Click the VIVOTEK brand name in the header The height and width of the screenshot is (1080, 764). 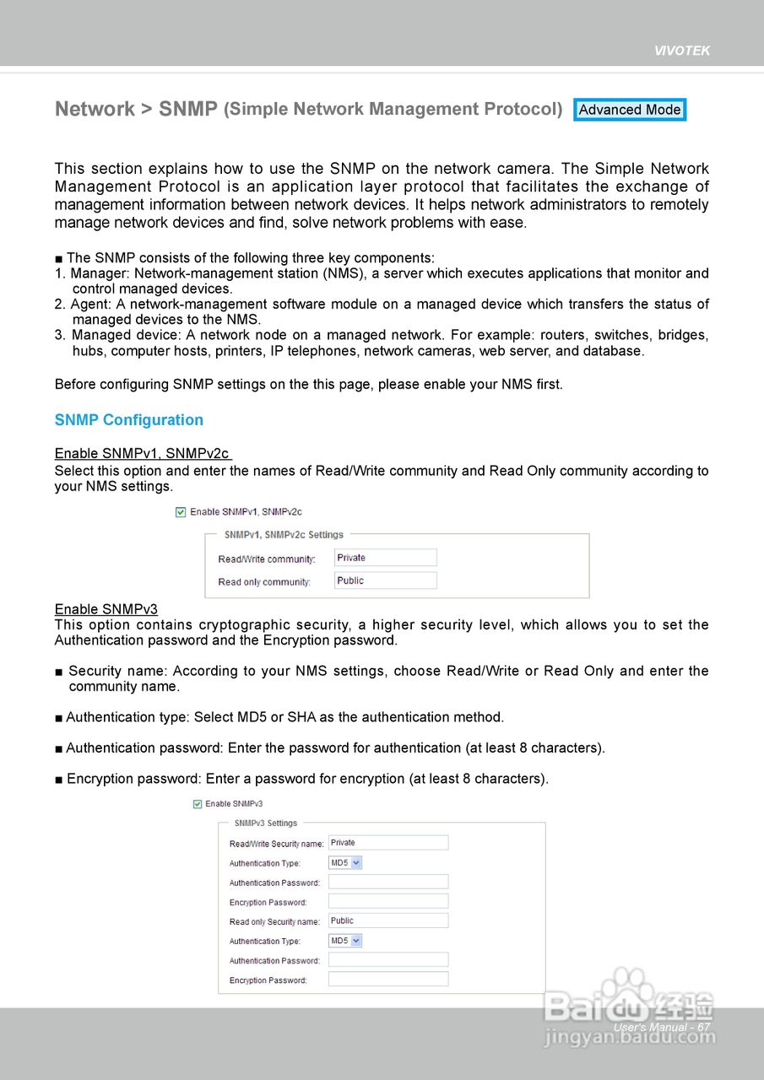coord(682,51)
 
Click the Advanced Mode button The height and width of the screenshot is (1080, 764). coord(630,110)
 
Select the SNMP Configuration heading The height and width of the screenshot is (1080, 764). coord(129,420)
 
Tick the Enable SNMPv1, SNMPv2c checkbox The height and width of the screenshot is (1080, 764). coord(180,511)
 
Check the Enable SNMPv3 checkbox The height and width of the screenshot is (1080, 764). coord(198,804)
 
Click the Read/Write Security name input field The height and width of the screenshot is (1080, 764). coord(388,843)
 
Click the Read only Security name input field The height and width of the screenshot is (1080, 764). coord(388,921)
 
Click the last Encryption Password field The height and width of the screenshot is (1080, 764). coord(388,980)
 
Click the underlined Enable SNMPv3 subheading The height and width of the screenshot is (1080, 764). coord(106,609)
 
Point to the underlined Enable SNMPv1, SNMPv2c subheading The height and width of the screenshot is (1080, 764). coord(142,454)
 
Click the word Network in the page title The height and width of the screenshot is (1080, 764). coord(95,109)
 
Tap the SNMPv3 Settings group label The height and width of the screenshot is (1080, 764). coord(266,823)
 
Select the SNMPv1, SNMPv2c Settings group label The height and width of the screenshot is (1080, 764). coord(284,534)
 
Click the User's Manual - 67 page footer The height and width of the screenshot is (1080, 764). coord(662,1027)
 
